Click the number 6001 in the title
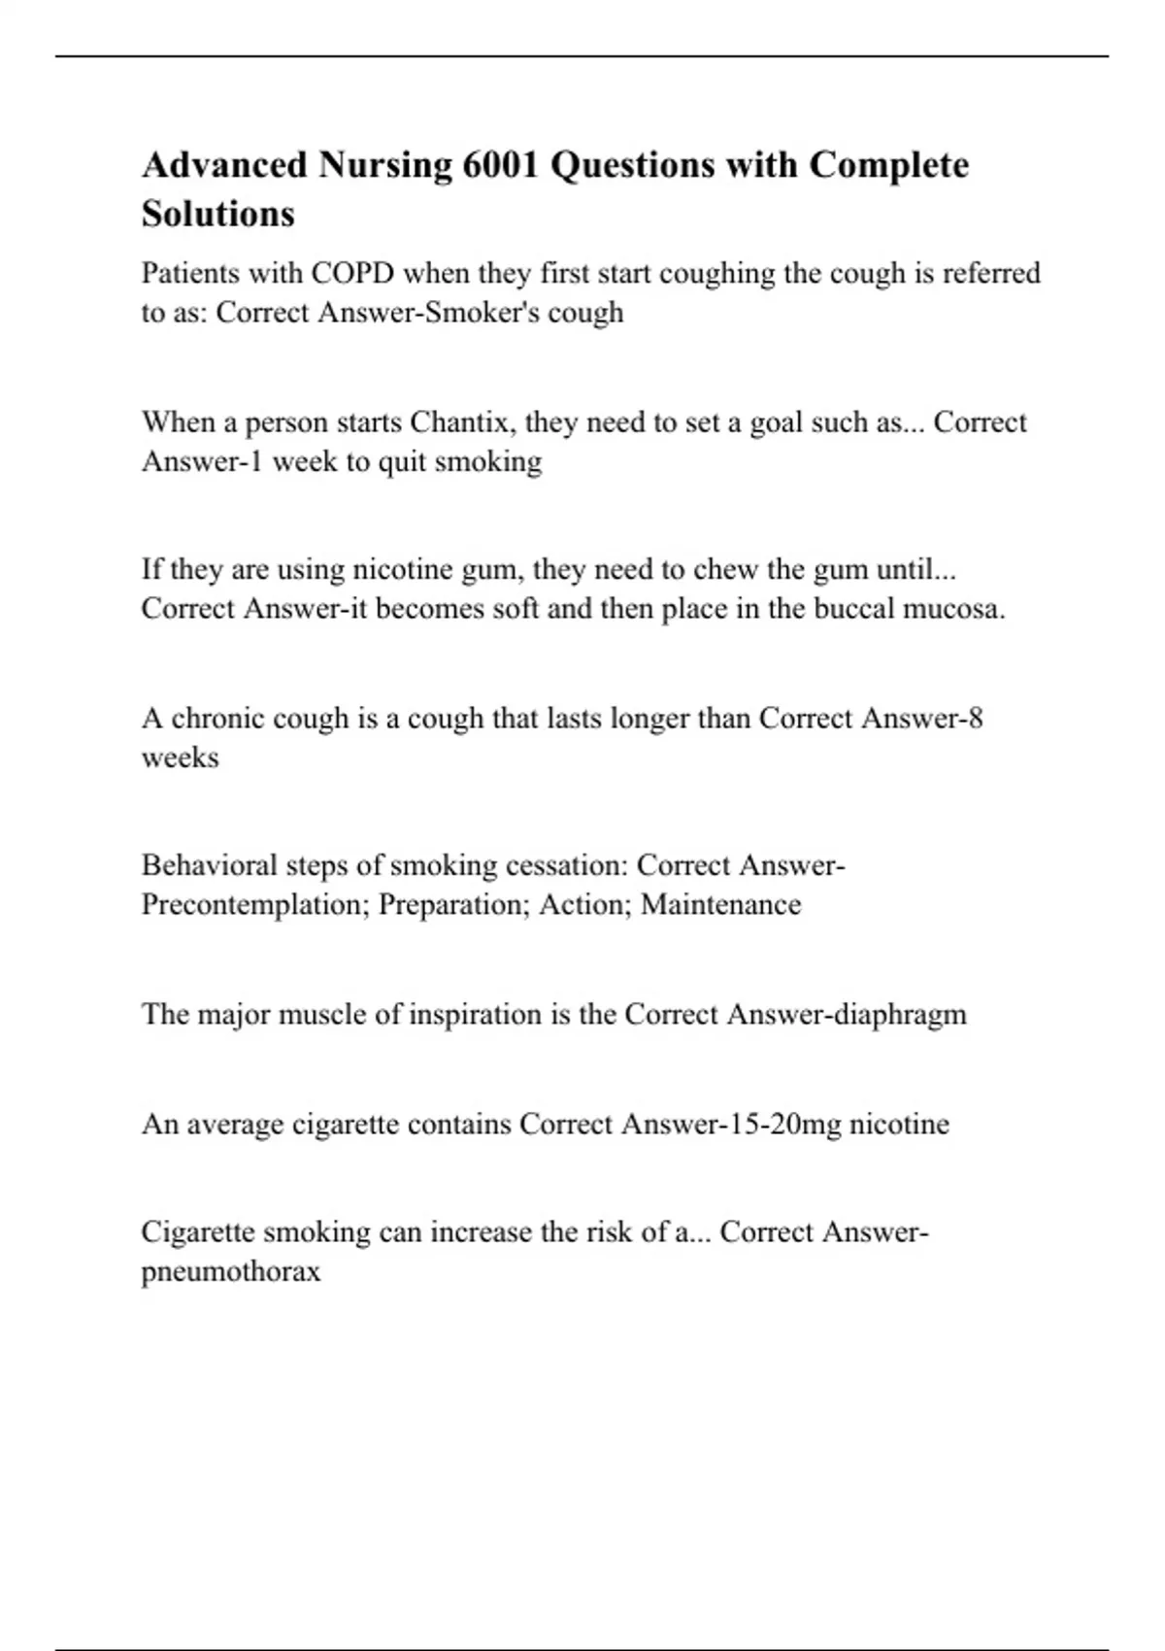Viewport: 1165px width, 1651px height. (500, 165)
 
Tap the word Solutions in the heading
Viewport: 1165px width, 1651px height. (217, 214)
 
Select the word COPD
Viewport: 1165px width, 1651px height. (352, 273)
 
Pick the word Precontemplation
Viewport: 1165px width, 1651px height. (255, 905)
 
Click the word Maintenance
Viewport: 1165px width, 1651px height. (720, 905)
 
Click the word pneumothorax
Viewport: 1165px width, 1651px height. (231, 1272)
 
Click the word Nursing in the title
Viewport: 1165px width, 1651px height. (384, 165)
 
